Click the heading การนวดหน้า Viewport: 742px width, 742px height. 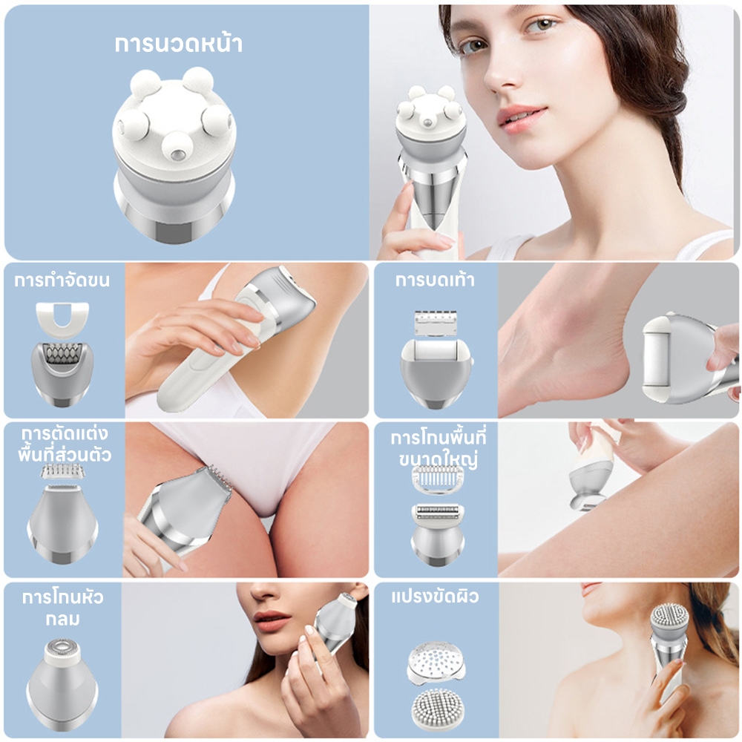(x=178, y=44)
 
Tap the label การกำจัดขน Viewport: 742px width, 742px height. (x=62, y=280)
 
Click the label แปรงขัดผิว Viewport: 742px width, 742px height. (x=436, y=596)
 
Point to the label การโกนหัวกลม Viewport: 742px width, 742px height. (x=62, y=608)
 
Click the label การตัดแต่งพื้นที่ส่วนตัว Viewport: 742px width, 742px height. (x=65, y=444)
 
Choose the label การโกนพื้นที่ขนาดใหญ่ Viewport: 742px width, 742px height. (x=435, y=449)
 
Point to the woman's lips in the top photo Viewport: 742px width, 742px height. (x=521, y=116)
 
